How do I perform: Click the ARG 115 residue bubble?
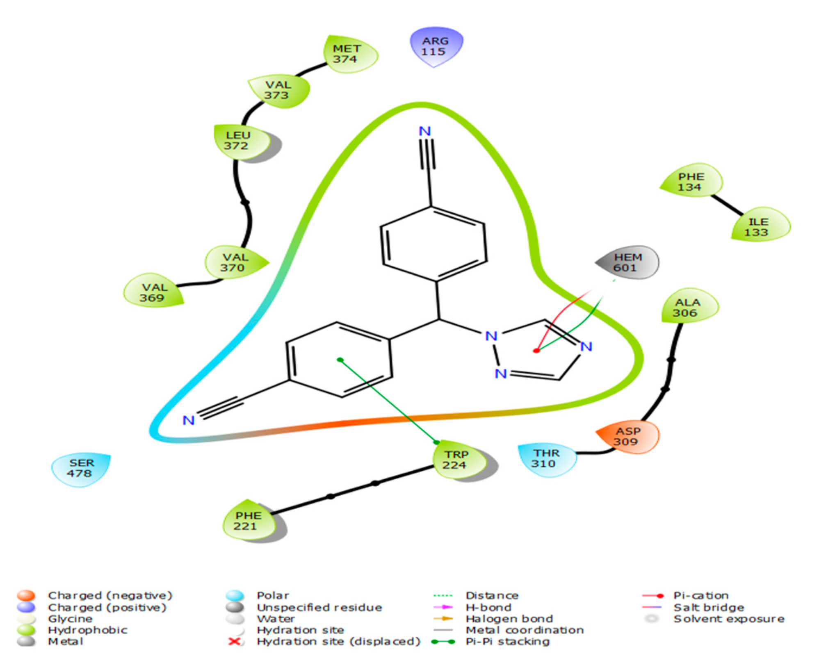tap(435, 46)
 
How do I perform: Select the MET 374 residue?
tap(347, 54)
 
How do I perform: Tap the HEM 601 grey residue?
tap(627, 262)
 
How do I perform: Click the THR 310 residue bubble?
tap(545, 458)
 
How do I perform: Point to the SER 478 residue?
tap(81, 468)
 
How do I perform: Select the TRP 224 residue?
tap(456, 460)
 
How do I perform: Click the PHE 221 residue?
tap(248, 521)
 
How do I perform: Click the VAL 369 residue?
tap(153, 292)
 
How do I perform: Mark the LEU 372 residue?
tap(237, 141)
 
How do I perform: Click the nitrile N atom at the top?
tap(424, 131)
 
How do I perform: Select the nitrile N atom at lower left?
tap(188, 420)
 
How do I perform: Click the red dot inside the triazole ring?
tap(536, 351)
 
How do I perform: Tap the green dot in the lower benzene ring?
tap(340, 360)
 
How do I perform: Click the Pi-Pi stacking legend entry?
tap(507, 642)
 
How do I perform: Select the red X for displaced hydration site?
tap(234, 641)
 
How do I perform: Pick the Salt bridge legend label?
tap(708, 607)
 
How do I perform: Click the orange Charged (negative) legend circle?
tap(26, 595)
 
